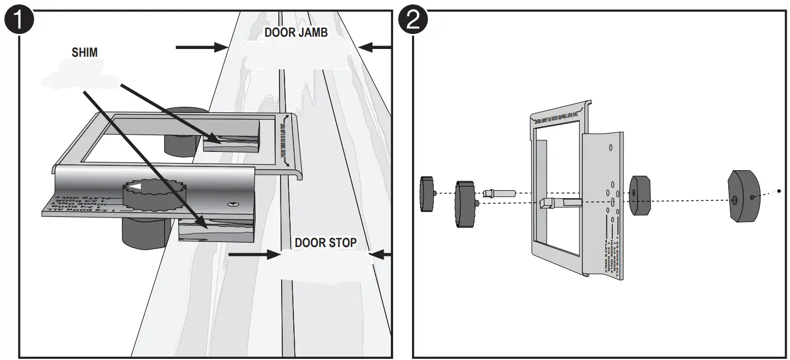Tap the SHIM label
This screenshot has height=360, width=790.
tap(84, 52)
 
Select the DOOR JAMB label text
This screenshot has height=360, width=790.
tap(296, 32)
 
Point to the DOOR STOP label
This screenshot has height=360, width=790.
tap(325, 243)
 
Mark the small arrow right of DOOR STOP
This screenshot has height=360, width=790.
tap(381, 255)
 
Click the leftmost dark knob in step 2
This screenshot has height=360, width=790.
tap(427, 193)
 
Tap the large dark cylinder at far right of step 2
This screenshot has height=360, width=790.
tap(744, 196)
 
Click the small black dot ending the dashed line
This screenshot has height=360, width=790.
tap(778, 191)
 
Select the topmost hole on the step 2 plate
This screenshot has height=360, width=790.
tap(611, 147)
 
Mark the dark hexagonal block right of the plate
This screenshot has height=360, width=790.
tap(640, 195)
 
